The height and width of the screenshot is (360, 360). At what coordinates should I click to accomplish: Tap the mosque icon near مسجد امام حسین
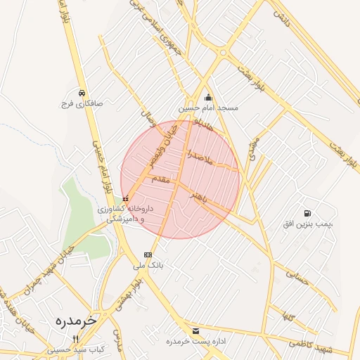[208, 98]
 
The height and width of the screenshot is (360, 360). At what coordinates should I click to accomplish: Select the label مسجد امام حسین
[208, 108]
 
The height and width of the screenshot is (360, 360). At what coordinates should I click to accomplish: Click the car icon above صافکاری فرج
[82, 93]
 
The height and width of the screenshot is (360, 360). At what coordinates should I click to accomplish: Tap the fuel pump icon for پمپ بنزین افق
[307, 213]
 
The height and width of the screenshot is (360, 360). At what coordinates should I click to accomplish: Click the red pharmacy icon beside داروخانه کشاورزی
[126, 200]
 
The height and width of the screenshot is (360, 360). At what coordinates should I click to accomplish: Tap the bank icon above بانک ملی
[148, 255]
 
